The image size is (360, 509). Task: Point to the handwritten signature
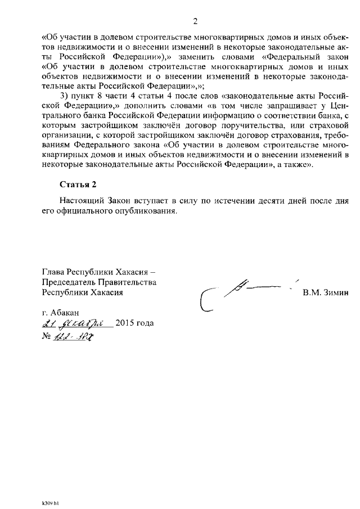coord(242,292)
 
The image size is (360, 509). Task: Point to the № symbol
coord(47,336)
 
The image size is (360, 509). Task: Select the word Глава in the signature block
coord(55,272)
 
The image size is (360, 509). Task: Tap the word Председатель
coord(70,282)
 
